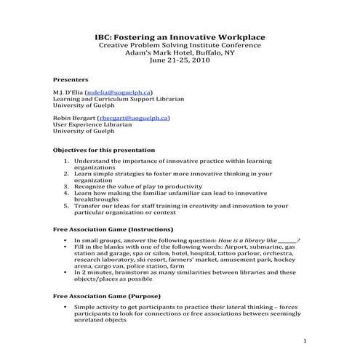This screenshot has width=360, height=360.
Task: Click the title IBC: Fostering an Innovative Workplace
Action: [x=180, y=36]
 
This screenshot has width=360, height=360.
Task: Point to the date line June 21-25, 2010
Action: [x=180, y=61]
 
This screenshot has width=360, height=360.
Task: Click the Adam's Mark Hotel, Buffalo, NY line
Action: [x=180, y=53]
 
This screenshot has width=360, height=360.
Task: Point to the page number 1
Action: [x=305, y=340]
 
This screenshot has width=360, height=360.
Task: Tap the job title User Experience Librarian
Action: [x=92, y=124]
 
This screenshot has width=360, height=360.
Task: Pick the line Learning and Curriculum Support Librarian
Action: [x=119, y=100]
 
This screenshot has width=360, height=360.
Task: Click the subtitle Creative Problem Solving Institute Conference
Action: [x=180, y=45]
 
